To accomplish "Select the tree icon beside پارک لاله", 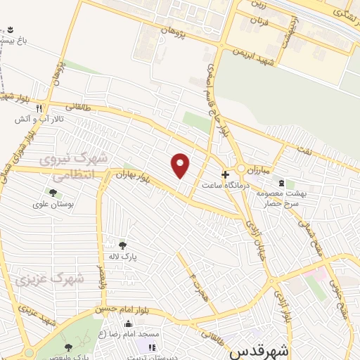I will click(123, 245).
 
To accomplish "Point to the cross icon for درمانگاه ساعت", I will click(225, 174).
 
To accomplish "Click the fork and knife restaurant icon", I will click(39, 109).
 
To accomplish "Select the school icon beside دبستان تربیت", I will click(150, 347).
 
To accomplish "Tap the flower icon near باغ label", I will click(11, 30).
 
